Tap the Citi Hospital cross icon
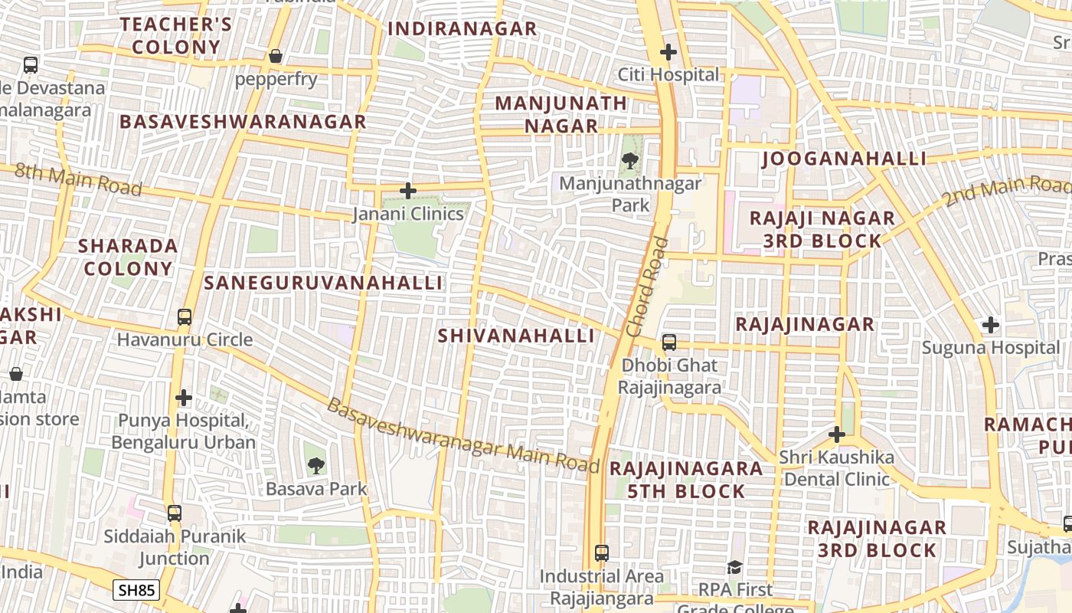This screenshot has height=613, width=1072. (x=668, y=52)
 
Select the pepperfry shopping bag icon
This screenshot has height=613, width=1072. (x=276, y=57)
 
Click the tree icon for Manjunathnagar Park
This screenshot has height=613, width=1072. (x=630, y=161)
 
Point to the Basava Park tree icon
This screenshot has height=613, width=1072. (x=315, y=465)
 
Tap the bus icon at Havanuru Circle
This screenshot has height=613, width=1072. (x=185, y=316)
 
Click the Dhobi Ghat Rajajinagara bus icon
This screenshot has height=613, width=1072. (x=669, y=343)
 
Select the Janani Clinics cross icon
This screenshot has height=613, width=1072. (x=408, y=191)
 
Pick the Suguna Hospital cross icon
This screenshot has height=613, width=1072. (x=991, y=325)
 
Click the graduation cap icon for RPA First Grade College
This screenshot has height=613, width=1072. (x=734, y=568)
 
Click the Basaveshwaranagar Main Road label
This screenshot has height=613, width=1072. (x=462, y=435)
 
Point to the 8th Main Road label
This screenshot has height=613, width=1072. (x=78, y=179)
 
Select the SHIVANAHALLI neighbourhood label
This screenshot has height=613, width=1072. (x=516, y=336)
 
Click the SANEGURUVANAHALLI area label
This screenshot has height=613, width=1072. (x=323, y=283)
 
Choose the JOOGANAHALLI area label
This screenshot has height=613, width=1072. (x=844, y=159)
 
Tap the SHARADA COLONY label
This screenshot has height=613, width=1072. (x=129, y=257)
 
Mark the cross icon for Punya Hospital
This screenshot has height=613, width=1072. (x=184, y=398)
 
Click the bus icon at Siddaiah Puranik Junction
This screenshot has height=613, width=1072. (x=175, y=513)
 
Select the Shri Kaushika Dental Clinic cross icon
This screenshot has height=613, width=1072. (x=837, y=434)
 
